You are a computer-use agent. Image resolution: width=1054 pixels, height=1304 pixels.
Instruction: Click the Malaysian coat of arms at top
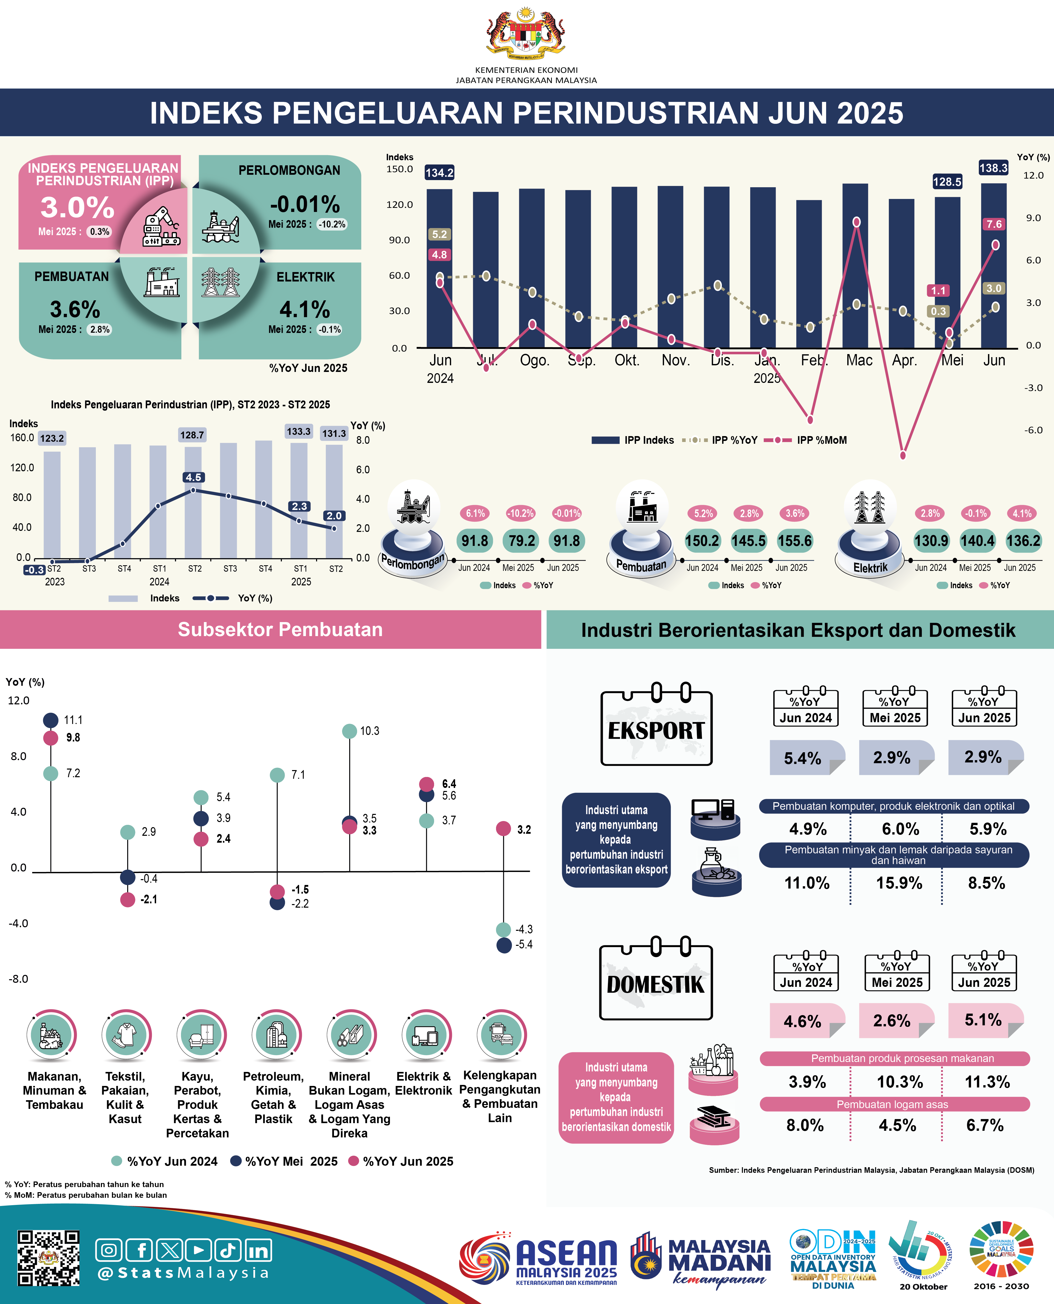coord(526,33)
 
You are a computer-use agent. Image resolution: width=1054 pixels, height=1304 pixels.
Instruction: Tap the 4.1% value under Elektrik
coord(305,310)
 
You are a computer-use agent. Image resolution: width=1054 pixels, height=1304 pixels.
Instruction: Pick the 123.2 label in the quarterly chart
coord(52,438)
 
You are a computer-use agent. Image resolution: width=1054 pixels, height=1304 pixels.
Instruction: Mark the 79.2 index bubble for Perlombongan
coord(522,541)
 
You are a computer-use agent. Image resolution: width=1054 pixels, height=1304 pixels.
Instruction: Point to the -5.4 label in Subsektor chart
coord(524,945)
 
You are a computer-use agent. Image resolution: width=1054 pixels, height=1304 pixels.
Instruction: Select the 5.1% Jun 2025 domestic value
coord(983,1020)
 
